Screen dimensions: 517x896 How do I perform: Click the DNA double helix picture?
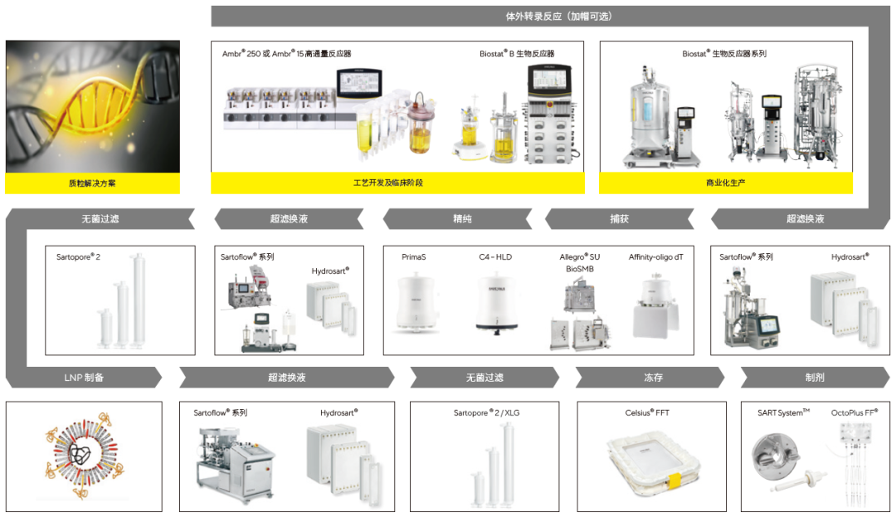(x=92, y=106)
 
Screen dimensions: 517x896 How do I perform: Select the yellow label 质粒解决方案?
(x=92, y=183)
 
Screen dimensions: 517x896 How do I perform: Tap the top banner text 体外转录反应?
(x=547, y=16)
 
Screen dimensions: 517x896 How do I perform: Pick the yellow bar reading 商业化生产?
(x=725, y=183)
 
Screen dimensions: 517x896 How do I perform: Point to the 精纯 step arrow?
(x=461, y=219)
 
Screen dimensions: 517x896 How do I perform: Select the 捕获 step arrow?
(x=619, y=219)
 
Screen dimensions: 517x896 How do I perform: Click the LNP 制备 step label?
(x=83, y=378)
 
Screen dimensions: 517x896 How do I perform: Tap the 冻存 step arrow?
(x=653, y=378)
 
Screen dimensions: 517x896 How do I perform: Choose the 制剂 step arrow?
(x=814, y=378)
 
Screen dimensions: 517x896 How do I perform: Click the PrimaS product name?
(x=415, y=257)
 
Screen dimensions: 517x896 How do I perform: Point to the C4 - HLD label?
(x=495, y=257)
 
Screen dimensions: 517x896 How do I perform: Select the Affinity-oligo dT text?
(x=655, y=257)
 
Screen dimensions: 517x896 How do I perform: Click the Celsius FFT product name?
(x=647, y=412)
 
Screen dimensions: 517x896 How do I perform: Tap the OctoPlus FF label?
(x=854, y=412)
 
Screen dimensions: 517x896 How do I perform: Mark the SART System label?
(x=783, y=412)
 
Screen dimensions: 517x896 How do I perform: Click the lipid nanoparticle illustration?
(x=83, y=458)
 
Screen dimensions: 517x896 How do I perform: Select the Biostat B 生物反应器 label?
(x=517, y=54)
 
